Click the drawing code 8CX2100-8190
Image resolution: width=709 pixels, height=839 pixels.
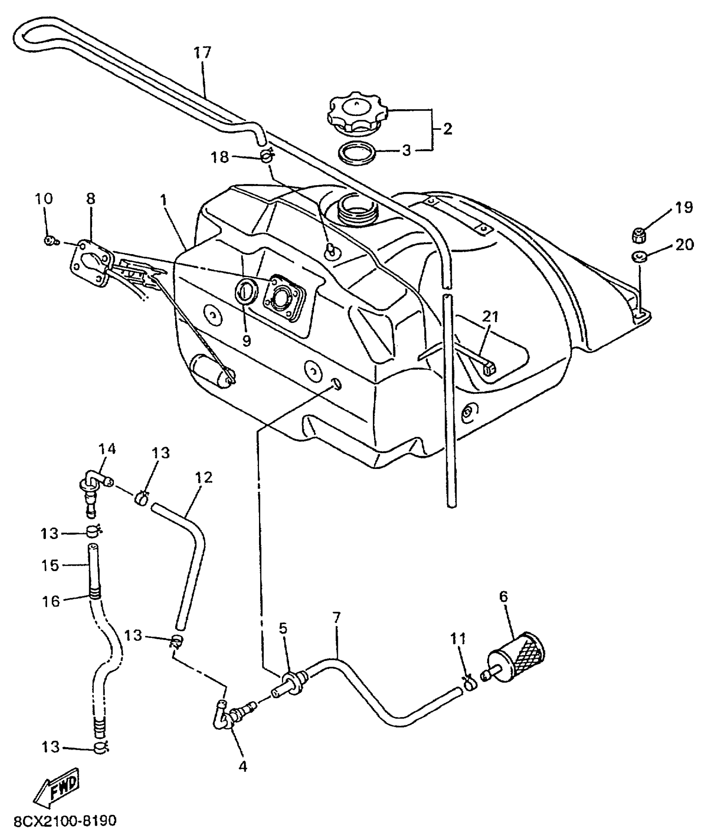point(65,821)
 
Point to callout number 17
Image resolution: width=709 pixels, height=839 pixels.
point(203,53)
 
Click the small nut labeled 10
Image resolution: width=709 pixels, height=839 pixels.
point(50,240)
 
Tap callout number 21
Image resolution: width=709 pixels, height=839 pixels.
point(490,317)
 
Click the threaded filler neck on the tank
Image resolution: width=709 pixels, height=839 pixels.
point(358,209)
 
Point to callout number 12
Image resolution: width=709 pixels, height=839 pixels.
point(204,478)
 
